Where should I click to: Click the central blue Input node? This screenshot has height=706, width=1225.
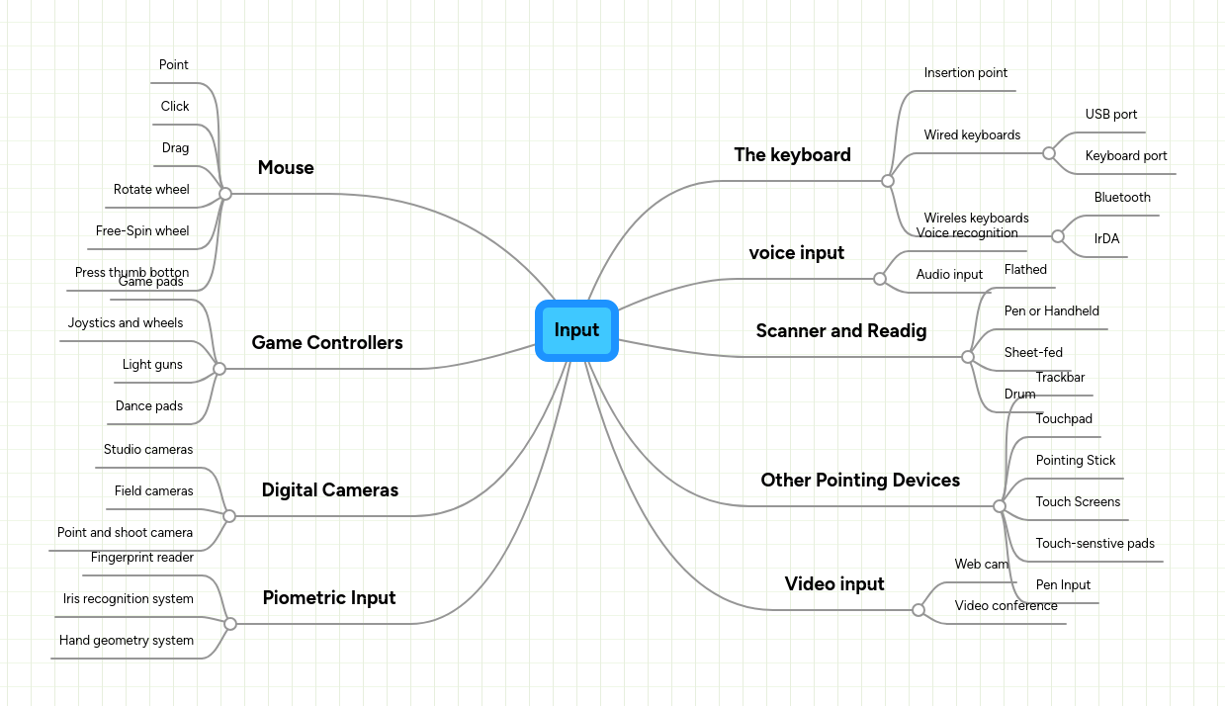[x=576, y=330]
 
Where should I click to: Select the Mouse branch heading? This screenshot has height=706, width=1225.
[x=286, y=168]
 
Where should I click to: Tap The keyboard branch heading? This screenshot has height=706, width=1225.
[x=792, y=155]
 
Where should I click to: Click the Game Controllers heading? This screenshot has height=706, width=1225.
[x=327, y=343]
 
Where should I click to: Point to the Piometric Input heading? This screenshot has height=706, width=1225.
[x=329, y=598]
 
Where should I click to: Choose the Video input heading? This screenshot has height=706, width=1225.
[x=834, y=584]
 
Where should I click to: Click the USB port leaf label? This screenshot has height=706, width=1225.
[x=1111, y=115]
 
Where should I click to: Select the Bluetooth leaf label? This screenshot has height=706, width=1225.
[x=1122, y=198]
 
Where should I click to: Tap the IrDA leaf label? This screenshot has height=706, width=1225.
[x=1106, y=239]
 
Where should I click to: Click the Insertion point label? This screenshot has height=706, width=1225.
[x=966, y=73]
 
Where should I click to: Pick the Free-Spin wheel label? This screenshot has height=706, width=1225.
[x=142, y=231]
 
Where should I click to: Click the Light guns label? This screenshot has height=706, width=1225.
[x=152, y=365]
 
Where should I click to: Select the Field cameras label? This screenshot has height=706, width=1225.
[x=153, y=491]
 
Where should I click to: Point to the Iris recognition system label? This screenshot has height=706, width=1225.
[x=129, y=599]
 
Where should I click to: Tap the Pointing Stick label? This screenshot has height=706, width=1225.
[x=1076, y=461]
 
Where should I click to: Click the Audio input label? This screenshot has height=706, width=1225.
[x=949, y=275]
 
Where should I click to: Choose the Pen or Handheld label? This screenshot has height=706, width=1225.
[x=1052, y=311]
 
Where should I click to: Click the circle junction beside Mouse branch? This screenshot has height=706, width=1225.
[x=225, y=194]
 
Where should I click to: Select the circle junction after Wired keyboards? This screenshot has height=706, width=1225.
[x=1049, y=153]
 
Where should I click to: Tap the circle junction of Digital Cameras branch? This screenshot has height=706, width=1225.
[x=229, y=516]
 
